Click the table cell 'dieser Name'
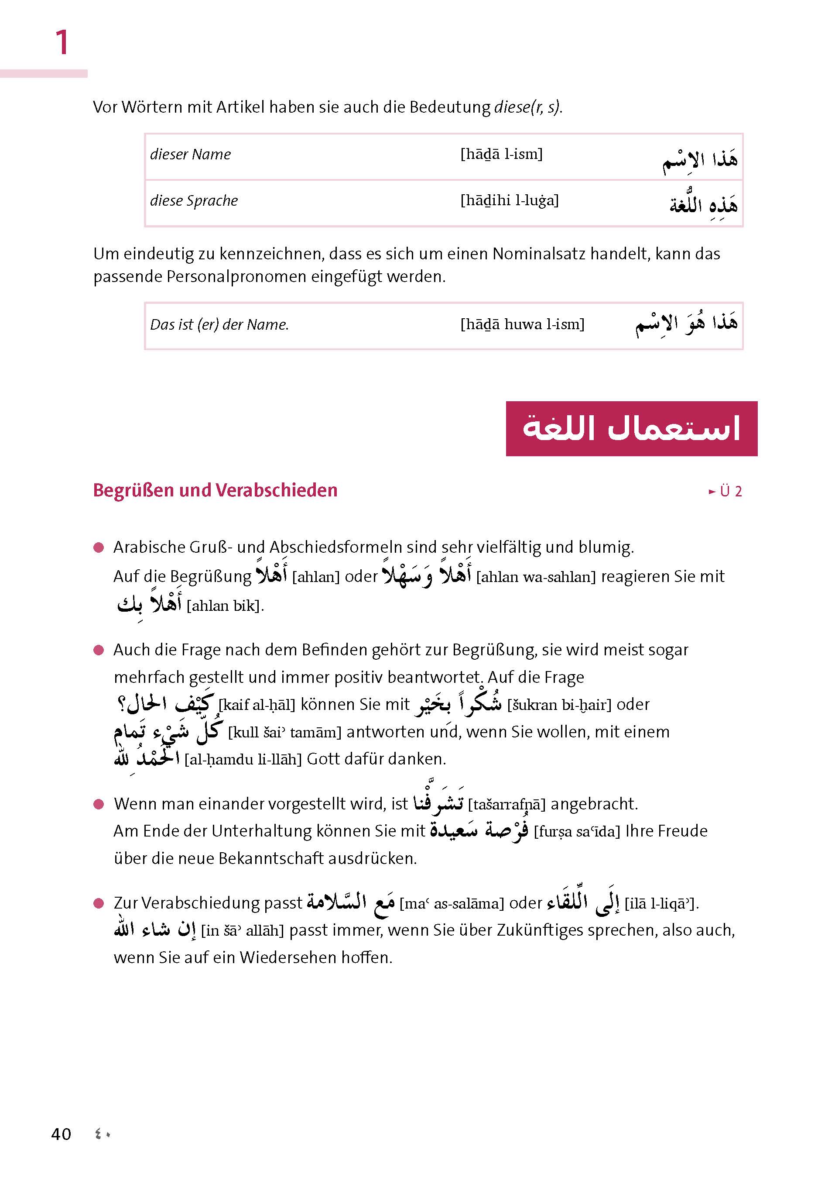pyautogui.click(x=190, y=155)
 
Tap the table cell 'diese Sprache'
pyautogui.click(x=194, y=201)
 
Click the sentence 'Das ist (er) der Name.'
pyautogui.click(x=219, y=325)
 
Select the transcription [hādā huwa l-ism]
pyautogui.click(x=522, y=324)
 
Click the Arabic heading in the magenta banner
pyautogui.click(x=631, y=429)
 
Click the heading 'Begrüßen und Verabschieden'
pyautogui.click(x=215, y=490)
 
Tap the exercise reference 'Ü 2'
pyautogui.click(x=730, y=492)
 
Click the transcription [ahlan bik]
pyautogui.click(x=225, y=606)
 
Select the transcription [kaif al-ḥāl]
pyautogui.click(x=257, y=705)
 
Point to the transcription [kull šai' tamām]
pyautogui.click(x=284, y=732)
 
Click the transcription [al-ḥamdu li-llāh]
pyautogui.click(x=243, y=759)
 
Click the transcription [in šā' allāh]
pyautogui.click(x=242, y=930)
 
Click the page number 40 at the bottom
pyautogui.click(x=61, y=1134)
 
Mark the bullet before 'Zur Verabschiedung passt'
pyautogui.click(x=99, y=904)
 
